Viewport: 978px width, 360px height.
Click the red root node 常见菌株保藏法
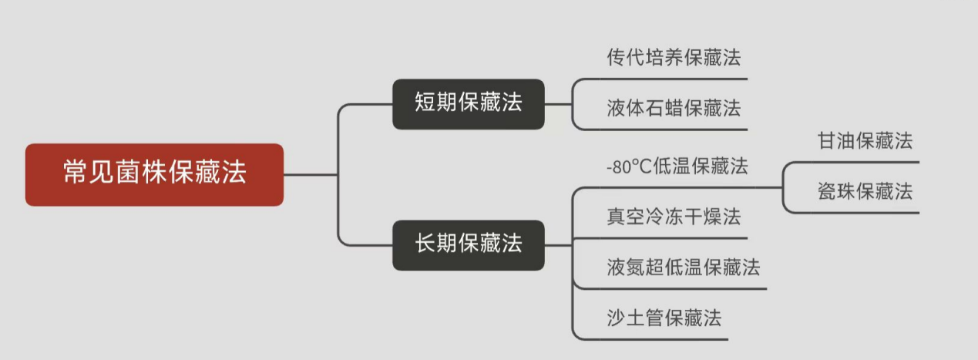[x=154, y=174]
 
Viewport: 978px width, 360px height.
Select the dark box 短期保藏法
[x=469, y=103]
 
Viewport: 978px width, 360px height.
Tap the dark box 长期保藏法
[x=469, y=245]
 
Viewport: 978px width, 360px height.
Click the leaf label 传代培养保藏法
[x=674, y=58]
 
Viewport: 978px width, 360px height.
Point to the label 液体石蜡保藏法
[x=674, y=109]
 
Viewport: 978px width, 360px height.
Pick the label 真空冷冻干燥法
[x=674, y=217]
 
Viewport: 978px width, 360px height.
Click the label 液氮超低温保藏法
[x=684, y=267]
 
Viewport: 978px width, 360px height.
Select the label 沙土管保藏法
[x=664, y=318]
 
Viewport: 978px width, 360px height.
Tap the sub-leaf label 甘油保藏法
[x=865, y=141]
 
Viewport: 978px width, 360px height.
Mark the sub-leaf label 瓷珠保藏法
[x=865, y=192]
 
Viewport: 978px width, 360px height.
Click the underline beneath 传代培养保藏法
[x=670, y=79]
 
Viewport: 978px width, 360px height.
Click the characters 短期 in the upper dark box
[x=436, y=103]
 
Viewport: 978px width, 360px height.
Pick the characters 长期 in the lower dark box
[x=436, y=245]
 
